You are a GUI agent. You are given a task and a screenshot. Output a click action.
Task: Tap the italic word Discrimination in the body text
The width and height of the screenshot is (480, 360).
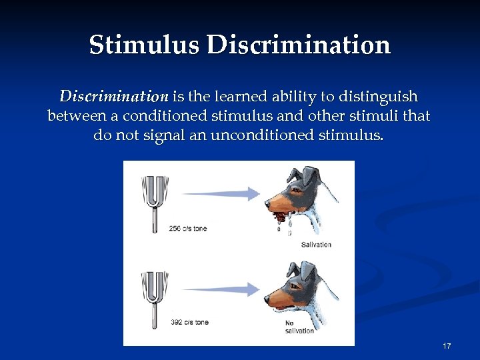pyautogui.click(x=114, y=96)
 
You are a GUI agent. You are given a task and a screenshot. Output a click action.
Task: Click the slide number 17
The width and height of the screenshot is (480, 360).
pyautogui.click(x=447, y=346)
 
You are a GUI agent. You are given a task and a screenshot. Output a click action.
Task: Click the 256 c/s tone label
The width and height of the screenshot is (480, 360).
pyautogui.click(x=189, y=229)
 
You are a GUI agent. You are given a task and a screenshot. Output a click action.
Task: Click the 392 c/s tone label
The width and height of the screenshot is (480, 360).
pyautogui.click(x=189, y=322)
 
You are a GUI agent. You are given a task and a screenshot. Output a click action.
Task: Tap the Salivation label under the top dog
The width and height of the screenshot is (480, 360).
pyautogui.click(x=316, y=245)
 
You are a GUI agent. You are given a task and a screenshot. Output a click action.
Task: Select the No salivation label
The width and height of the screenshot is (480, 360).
pyautogui.click(x=299, y=327)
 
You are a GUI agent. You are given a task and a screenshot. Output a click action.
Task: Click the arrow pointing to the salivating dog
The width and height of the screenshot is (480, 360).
pyautogui.click(x=220, y=193)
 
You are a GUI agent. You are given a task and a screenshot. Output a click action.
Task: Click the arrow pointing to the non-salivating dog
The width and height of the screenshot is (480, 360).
pyautogui.click(x=220, y=289)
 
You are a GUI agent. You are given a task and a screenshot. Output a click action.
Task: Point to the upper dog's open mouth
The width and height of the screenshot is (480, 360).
pyautogui.click(x=279, y=213)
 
